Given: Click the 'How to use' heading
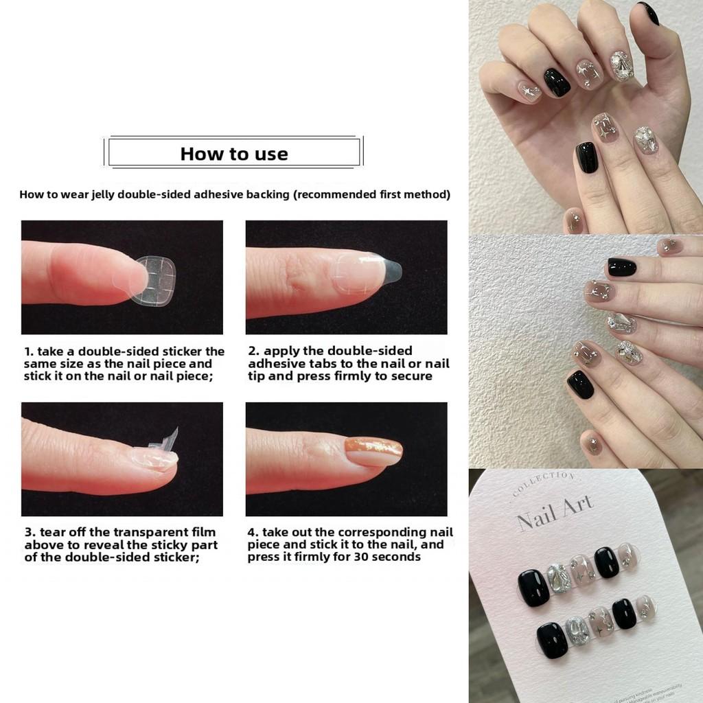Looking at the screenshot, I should (x=233, y=154).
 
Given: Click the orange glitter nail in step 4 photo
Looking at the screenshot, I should (x=373, y=450).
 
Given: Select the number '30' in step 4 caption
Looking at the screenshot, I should (x=365, y=557).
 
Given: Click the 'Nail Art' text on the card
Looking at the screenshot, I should (x=555, y=513).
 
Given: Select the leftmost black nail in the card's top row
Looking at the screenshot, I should (x=533, y=588).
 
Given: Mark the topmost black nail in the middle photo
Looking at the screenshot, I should (x=621, y=266).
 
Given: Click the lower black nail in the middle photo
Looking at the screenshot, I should (x=580, y=384).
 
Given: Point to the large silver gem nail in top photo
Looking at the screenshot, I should (x=622, y=65).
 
